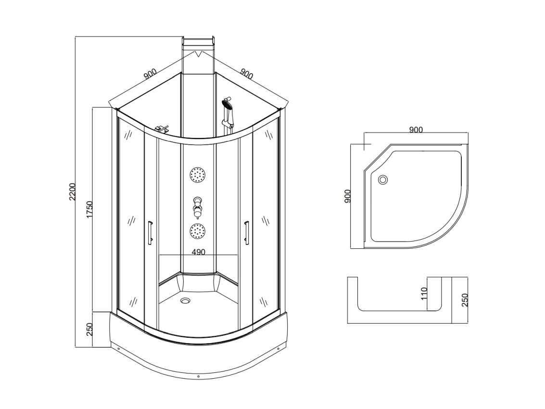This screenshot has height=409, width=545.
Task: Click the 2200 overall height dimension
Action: (x=73, y=192)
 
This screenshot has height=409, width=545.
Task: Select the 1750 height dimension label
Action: (x=89, y=210)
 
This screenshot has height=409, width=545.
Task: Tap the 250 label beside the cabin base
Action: (x=89, y=329)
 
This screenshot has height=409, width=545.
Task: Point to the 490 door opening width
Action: (x=199, y=252)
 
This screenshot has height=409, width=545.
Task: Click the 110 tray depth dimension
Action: (x=424, y=294)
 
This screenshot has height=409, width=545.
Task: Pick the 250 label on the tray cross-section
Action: (x=465, y=300)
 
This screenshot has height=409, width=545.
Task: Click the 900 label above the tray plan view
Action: (x=416, y=130)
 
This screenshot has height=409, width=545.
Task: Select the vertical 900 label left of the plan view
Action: (x=348, y=196)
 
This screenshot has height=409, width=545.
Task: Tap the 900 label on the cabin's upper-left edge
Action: (x=150, y=74)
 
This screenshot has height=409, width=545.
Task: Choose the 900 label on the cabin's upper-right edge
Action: (x=246, y=74)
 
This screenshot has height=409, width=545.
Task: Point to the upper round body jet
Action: (x=198, y=175)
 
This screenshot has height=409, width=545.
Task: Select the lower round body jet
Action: (x=198, y=231)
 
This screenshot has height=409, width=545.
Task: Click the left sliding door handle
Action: (x=150, y=233)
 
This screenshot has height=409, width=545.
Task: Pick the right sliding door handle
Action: (x=246, y=233)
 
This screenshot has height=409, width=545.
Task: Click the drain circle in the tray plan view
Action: (x=383, y=180)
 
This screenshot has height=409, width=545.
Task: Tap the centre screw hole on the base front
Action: (x=198, y=376)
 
